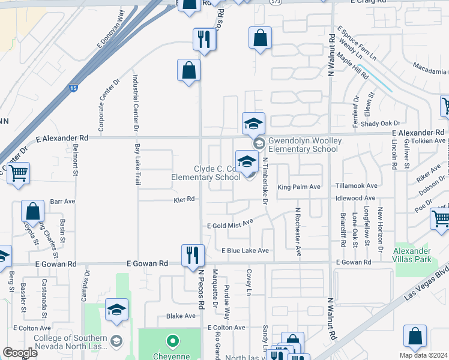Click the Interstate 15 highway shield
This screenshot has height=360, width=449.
pos(73,88)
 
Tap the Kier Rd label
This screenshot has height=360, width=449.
pos(184,199)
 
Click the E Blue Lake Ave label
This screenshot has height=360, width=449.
pos(245,250)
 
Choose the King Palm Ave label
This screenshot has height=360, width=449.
pos(299,187)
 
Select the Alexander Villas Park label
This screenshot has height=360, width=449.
pos(412,255)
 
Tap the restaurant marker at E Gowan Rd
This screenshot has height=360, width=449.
pos(193,256)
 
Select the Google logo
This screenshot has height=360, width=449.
pos(20,353)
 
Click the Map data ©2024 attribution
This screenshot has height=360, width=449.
pos(423,355)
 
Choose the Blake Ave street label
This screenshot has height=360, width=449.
pos(181,316)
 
